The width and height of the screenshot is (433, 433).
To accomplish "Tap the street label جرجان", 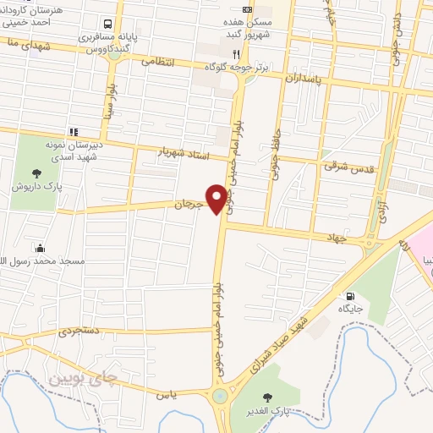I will point(190,205).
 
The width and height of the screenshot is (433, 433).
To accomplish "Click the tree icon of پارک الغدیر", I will point(269,398).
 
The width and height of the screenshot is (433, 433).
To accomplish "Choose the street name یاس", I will point(165,394).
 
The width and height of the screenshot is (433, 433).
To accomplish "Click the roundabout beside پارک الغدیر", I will point(221,395).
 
